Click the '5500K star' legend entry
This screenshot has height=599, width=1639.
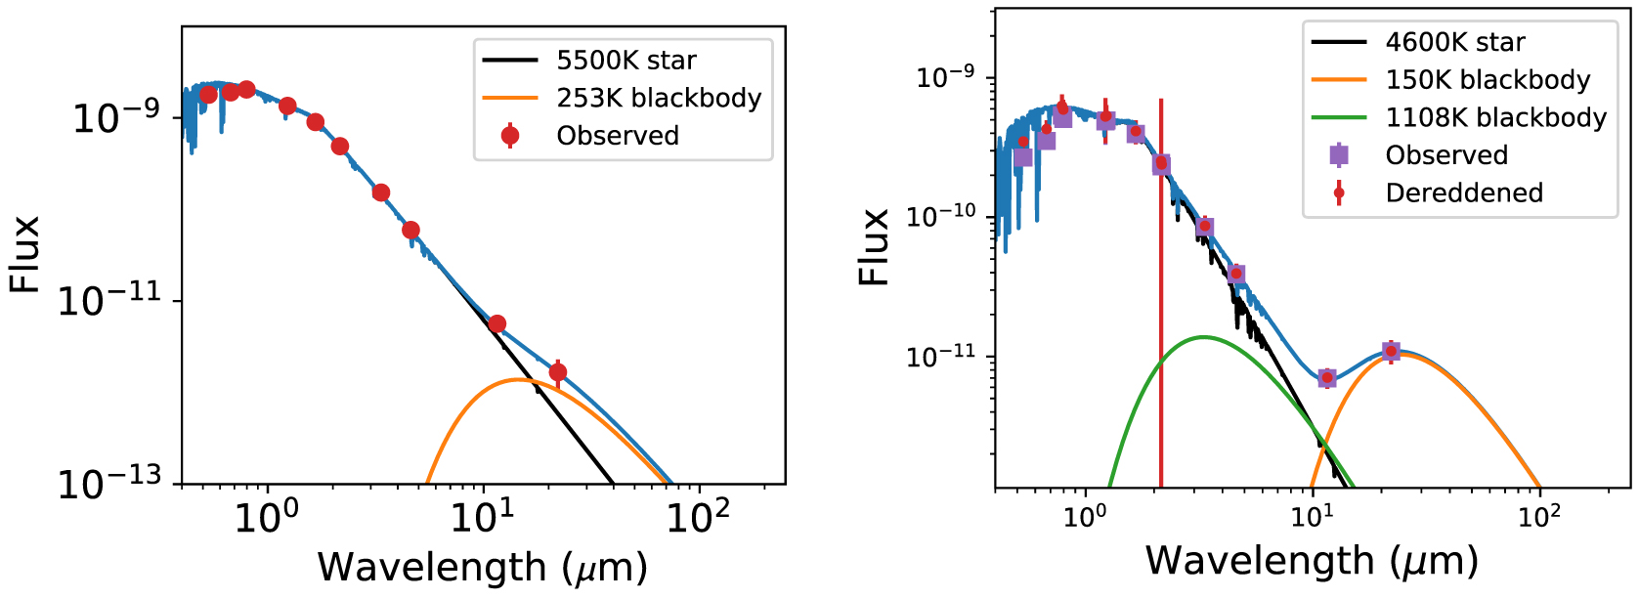(x=625, y=61)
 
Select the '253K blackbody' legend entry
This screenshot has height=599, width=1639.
(x=658, y=98)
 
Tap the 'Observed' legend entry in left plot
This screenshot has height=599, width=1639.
(x=617, y=135)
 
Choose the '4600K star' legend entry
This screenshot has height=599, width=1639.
(x=1454, y=42)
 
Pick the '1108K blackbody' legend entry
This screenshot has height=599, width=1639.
(x=1495, y=117)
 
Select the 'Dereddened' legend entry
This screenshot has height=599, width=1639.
(x=1463, y=193)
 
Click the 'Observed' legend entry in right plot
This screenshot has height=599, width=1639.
(x=1445, y=155)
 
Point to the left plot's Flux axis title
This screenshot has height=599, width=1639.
(x=24, y=254)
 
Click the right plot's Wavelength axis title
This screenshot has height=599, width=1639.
(x=1311, y=561)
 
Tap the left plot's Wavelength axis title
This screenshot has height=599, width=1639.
(x=482, y=568)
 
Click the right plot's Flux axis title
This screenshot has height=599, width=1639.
(x=874, y=247)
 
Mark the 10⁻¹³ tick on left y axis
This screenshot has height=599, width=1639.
(x=108, y=484)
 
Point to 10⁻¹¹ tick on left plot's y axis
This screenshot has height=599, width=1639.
(x=108, y=301)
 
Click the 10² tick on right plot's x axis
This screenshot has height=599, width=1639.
(x=1538, y=515)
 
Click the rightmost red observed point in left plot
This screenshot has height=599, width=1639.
(x=558, y=372)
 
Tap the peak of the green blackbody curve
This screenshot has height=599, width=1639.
(x=1202, y=337)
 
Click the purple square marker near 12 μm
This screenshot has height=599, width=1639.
(x=1326, y=378)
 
